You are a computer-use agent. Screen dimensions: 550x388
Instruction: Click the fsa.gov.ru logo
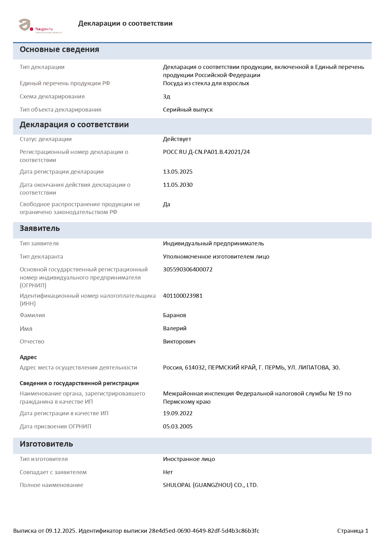40,26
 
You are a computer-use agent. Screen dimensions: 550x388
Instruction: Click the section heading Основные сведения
59,50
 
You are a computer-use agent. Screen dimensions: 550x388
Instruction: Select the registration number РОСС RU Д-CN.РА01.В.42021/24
206,152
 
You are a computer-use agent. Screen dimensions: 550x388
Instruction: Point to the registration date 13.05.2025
178,172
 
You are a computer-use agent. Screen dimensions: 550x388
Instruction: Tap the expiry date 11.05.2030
178,185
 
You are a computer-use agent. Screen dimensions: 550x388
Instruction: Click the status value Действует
177,139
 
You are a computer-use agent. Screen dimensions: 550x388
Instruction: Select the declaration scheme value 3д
166,97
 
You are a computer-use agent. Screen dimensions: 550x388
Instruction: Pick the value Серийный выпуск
188,110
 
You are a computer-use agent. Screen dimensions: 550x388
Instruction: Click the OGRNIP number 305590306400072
188,270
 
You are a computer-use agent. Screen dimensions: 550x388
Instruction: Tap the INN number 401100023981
183,296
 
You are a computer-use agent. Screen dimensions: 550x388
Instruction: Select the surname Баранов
175,315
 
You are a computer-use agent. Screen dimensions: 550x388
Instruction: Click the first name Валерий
175,328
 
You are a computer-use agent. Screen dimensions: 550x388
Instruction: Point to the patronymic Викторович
179,342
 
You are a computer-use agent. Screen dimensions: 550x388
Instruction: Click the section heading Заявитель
40,228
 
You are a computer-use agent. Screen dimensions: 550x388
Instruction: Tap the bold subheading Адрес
28,357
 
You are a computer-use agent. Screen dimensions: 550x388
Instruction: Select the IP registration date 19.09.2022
178,413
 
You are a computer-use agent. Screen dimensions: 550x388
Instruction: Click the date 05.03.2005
178,427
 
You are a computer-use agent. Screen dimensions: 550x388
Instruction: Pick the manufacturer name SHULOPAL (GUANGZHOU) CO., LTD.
210,485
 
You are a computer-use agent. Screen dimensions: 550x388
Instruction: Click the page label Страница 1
353,531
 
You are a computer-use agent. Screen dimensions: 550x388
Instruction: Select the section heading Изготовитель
46,444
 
